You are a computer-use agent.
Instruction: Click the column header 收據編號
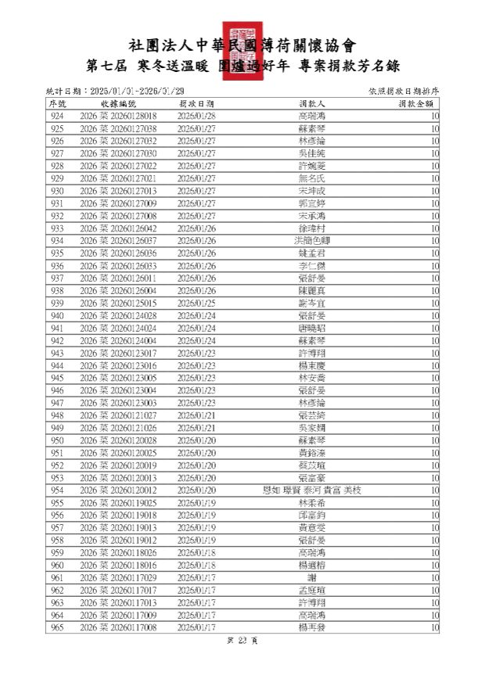[x=118, y=103]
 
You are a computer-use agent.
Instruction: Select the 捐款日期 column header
[x=196, y=103]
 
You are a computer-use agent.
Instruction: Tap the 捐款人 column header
[x=313, y=103]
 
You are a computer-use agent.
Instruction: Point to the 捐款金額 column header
[x=416, y=103]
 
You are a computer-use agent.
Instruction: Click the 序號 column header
[x=58, y=103]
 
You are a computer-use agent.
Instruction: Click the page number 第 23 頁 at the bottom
[x=242, y=641]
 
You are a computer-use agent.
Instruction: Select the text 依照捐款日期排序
[x=403, y=92]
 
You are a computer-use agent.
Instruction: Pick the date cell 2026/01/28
[x=196, y=116]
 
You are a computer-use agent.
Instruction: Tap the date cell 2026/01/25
[x=196, y=303]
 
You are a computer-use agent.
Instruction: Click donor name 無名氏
[x=313, y=178]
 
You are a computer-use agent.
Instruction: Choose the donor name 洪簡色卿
[x=313, y=241]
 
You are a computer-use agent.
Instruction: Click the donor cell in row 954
[x=313, y=490]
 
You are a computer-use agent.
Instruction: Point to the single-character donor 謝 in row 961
[x=313, y=578]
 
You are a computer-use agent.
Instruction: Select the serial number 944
[x=58, y=365]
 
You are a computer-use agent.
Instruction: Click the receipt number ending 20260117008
[x=118, y=628]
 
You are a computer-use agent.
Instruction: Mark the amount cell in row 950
[x=434, y=440]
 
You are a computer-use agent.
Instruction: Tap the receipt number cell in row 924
[x=118, y=116]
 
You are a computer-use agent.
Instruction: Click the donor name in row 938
[x=313, y=291]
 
